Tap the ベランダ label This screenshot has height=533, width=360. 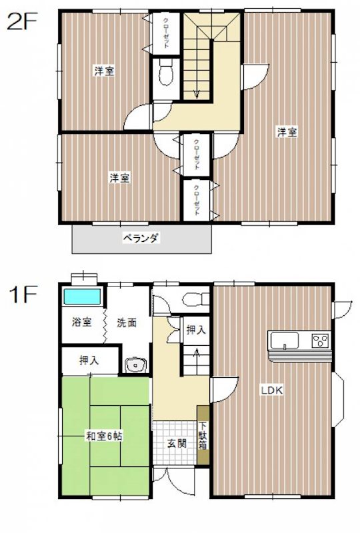pyautogui.click(x=141, y=238)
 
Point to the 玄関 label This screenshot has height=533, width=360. pyautogui.click(x=177, y=442)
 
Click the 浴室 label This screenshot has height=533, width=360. pyautogui.click(x=82, y=322)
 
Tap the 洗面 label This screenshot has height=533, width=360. pyautogui.click(x=127, y=322)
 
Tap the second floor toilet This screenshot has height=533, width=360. pyautogui.click(x=167, y=74)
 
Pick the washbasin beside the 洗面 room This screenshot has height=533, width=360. pyautogui.click(x=137, y=366)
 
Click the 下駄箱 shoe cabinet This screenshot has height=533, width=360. pyautogui.click(x=203, y=436)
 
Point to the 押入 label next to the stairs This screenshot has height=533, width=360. pyautogui.click(x=195, y=329)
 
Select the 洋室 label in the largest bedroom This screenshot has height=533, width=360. pyautogui.click(x=287, y=132)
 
